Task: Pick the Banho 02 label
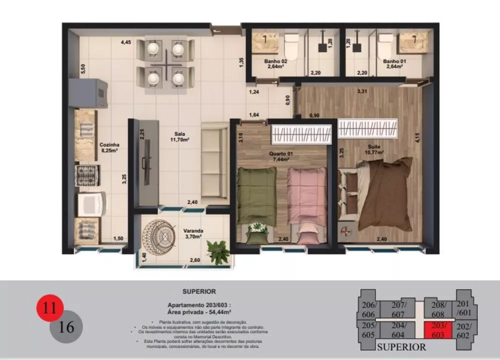click(275, 63)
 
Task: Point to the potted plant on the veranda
click(218, 251)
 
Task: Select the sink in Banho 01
click(413, 42)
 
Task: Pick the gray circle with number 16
click(66, 327)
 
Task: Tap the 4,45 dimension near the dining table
click(125, 42)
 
